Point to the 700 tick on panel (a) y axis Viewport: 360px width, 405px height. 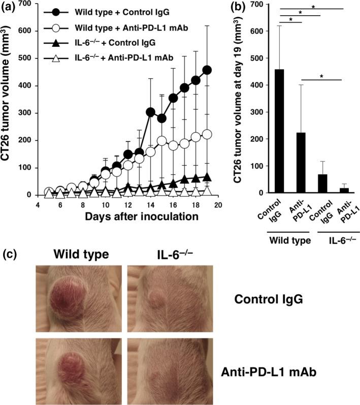33,4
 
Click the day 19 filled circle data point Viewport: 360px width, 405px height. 207,70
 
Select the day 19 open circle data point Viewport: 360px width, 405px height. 207,134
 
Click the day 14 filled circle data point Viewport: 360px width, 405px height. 150,112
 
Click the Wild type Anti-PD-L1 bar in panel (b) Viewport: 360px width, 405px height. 301,163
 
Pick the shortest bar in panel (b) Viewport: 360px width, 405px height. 344,190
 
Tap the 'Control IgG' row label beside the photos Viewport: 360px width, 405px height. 269,299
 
